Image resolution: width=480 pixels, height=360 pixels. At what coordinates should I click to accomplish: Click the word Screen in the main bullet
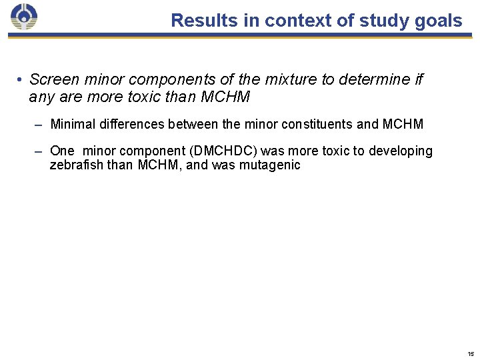53,80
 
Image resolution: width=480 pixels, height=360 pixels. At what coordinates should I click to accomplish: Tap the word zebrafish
76,165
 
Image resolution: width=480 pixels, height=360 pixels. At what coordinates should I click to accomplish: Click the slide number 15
471,353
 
